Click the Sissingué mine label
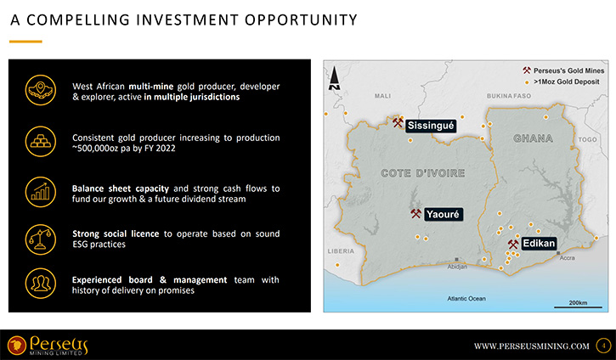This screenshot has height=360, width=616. [x=431, y=126]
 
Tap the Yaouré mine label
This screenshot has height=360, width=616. [x=444, y=214]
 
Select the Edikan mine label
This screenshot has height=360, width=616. [x=539, y=244]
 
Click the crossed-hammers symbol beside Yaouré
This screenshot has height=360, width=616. [x=415, y=214]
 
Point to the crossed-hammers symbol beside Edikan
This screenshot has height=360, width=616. [x=512, y=245]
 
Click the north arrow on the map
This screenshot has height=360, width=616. [x=334, y=78]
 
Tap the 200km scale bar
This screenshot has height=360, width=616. [x=578, y=307]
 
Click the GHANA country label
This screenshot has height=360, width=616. [x=533, y=138]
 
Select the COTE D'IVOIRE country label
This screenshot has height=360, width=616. [x=423, y=173]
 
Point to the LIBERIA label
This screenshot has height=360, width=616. [x=341, y=251]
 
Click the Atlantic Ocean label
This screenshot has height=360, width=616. [x=466, y=298]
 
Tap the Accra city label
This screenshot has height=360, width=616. [x=568, y=258]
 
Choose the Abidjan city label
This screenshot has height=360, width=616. [x=457, y=267]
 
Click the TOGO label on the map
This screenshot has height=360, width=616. [x=587, y=140]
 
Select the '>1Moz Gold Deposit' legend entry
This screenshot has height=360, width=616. [x=562, y=82]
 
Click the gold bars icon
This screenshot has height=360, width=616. [x=41, y=141]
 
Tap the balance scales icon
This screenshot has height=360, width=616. [x=41, y=239]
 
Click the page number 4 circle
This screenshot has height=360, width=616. [x=603, y=346]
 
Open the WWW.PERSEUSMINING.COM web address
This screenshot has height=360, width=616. [x=532, y=346]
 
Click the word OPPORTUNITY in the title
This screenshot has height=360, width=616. [x=302, y=20]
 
